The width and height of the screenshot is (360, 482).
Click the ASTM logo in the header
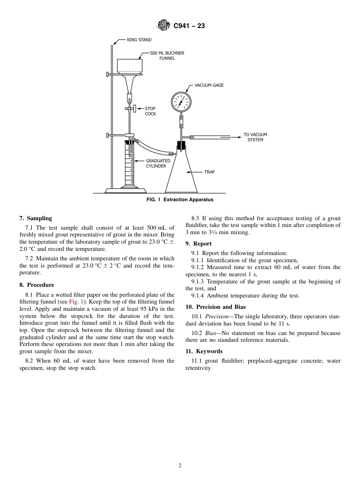pos(164,26)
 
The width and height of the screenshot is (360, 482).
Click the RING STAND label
pos(139,40)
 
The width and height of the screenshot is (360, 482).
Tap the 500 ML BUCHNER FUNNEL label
pos(167,56)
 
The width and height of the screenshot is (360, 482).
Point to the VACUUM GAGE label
pos(209,85)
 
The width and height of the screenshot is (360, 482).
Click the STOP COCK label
pos(150,111)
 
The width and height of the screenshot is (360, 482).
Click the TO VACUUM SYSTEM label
pos(255,137)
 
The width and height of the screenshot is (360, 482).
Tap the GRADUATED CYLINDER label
pos(158,163)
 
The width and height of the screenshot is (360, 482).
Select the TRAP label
pos(209,172)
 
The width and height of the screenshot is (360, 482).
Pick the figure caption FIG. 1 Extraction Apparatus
pos(180,200)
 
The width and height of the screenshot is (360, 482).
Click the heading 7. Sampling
pos(36,218)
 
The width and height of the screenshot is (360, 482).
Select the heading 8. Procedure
pos(37,285)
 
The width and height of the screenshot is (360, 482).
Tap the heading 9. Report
pos(199,244)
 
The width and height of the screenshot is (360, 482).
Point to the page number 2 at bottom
pos(180,466)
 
